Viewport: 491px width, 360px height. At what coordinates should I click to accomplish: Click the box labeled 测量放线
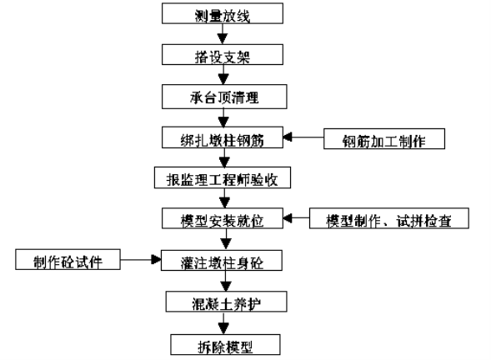pos(223,13)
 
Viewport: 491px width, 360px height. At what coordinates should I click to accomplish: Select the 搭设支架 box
pos(223,55)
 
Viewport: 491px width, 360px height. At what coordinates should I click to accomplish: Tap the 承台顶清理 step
pos(224,97)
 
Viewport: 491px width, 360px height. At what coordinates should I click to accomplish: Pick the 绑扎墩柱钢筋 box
pos(223,137)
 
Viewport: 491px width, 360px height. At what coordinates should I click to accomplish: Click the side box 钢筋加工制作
pos(384,138)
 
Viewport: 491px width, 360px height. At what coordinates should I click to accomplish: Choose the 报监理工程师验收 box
pos(223,177)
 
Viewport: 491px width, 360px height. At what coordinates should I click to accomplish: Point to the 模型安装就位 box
pos(223,218)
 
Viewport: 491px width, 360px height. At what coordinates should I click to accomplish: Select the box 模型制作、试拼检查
pos(389,218)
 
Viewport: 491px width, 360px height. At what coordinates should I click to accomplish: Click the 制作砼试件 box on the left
pos(68,259)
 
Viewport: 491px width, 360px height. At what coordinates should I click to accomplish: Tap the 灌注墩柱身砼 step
pos(222,261)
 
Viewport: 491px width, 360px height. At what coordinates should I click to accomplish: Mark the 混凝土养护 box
pos(226,302)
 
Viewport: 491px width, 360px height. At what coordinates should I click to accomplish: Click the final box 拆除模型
pos(225,345)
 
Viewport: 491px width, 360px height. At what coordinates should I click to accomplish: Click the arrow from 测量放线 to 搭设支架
pos(223,34)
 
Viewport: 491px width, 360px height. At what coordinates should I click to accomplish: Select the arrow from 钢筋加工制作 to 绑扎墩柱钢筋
pos(303,137)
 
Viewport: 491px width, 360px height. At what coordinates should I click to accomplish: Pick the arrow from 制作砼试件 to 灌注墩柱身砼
pos(141,259)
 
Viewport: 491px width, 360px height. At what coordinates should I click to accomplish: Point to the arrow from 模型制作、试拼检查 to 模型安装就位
pos(296,217)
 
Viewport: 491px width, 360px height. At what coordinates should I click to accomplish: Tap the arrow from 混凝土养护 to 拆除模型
pos(223,323)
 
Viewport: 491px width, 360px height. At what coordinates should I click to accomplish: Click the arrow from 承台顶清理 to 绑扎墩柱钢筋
pos(223,117)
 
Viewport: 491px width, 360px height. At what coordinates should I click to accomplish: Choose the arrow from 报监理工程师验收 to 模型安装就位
pos(224,198)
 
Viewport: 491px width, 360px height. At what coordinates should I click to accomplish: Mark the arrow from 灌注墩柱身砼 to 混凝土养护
pos(225,281)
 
